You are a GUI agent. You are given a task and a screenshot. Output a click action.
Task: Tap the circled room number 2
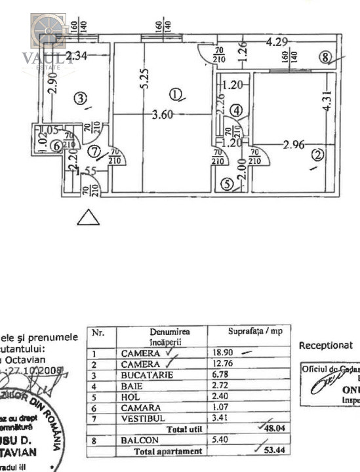click(318, 155)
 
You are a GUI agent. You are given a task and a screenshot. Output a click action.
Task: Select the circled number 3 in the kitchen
click(80, 99)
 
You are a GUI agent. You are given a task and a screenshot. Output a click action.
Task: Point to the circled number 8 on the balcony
click(326, 57)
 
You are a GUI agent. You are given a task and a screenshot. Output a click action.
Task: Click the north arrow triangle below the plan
click(88, 218)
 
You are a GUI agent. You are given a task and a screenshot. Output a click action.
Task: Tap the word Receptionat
click(325, 345)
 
